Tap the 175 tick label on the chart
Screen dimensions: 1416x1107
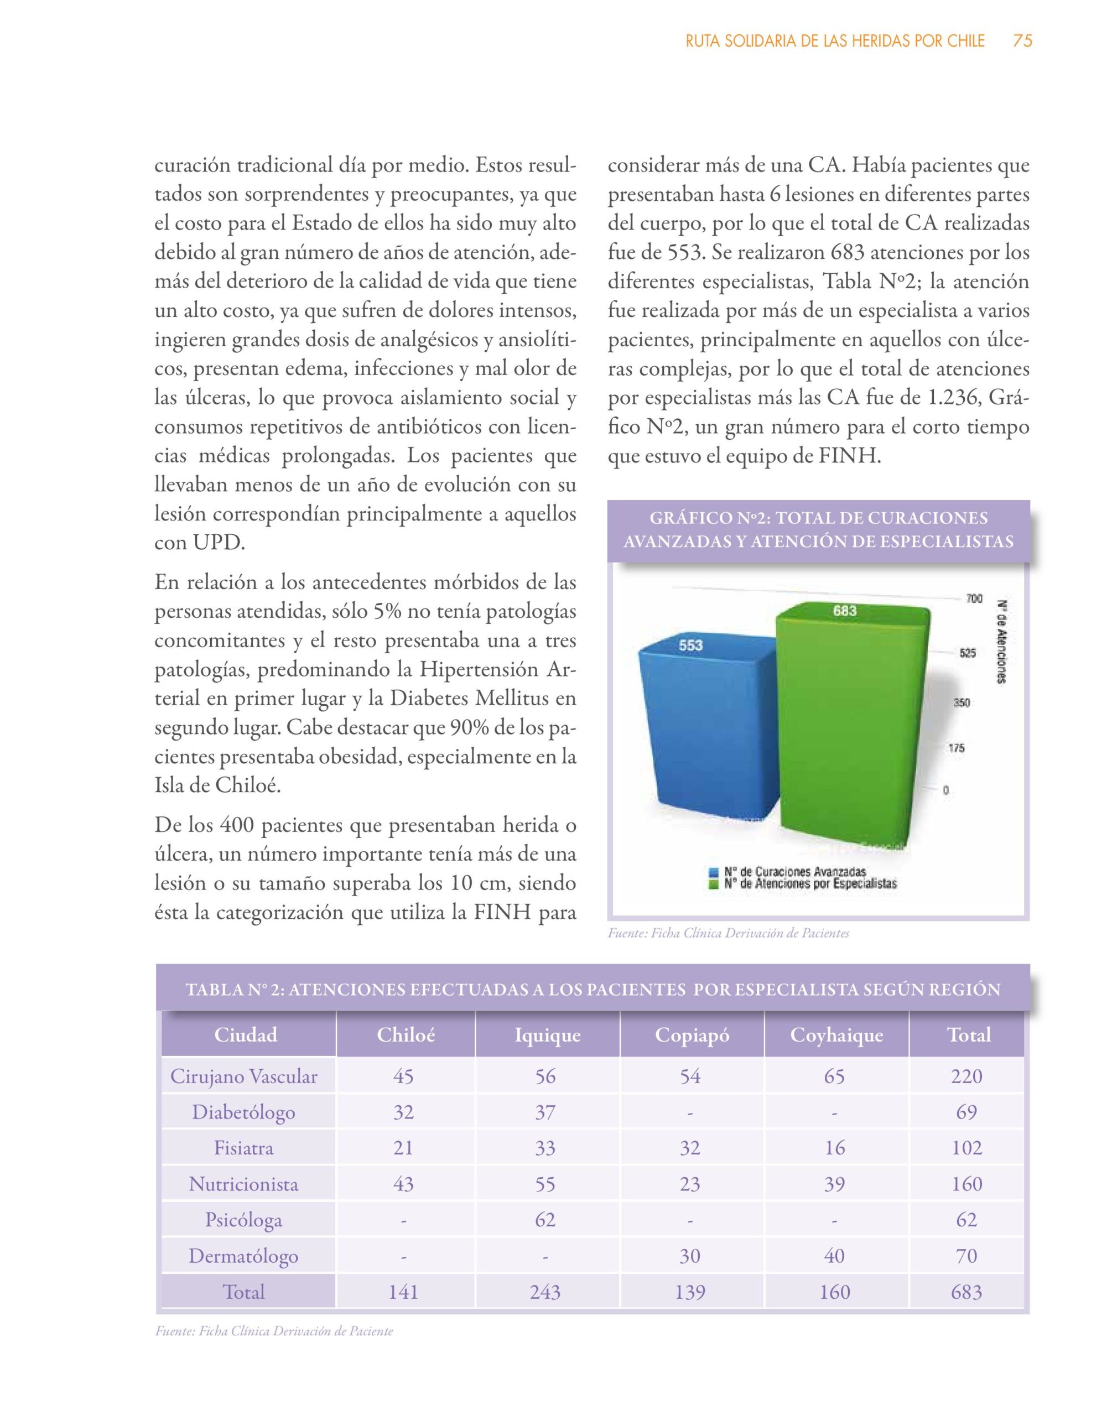click(x=957, y=748)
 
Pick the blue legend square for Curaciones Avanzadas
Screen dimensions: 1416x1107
click(x=715, y=872)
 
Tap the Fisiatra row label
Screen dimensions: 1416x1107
click(x=244, y=1148)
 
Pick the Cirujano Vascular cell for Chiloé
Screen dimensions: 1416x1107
click(x=403, y=1076)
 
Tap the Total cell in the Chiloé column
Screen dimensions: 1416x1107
click(x=403, y=1292)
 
